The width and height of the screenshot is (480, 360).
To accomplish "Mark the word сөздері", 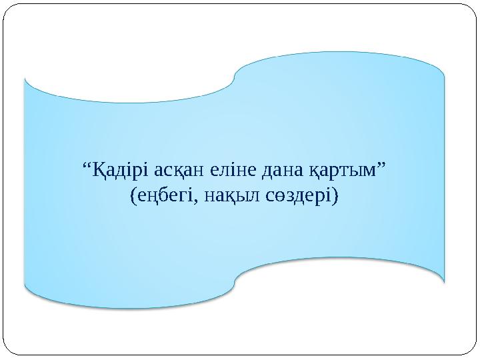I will [x=301, y=197].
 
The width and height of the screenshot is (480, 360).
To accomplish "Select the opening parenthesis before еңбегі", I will [x=133, y=197].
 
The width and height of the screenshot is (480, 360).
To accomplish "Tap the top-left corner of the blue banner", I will [x=25, y=79].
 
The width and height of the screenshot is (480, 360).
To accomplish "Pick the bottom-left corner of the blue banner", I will [x=25, y=287].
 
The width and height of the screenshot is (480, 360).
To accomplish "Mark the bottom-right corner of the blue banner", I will [x=444, y=280].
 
